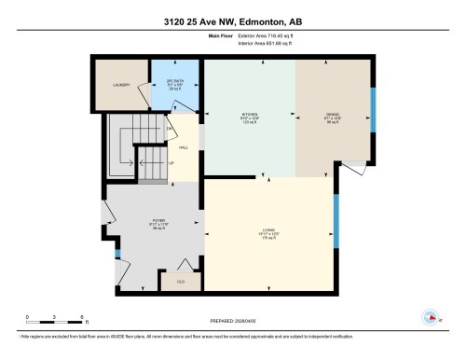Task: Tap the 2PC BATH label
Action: (x=174, y=82)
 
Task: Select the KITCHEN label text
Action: (x=248, y=116)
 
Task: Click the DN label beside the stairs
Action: (x=170, y=128)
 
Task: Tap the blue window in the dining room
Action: (x=371, y=113)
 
